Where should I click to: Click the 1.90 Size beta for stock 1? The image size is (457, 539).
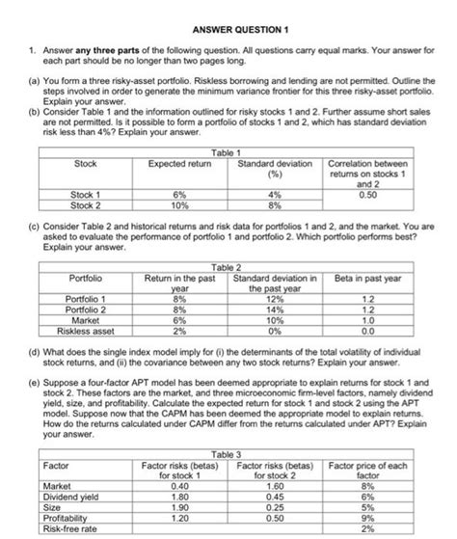coord(169,506)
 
